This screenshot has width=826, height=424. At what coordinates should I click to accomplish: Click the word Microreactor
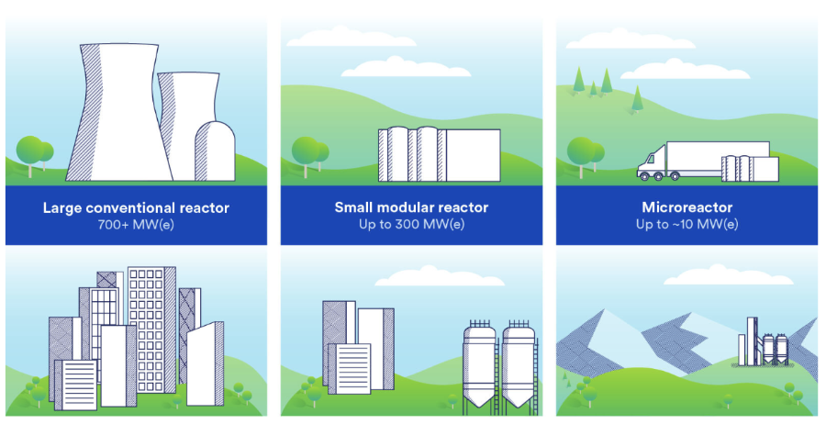[686, 207]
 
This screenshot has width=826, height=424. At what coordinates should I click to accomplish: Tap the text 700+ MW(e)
[136, 224]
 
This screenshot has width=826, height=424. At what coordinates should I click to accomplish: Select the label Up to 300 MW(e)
[411, 224]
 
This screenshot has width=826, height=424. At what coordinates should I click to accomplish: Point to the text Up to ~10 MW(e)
[686, 224]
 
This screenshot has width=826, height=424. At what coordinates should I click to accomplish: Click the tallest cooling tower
[119, 112]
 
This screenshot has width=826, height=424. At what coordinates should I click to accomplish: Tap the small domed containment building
[215, 151]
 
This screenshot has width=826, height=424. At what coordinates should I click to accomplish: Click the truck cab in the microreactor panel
[652, 162]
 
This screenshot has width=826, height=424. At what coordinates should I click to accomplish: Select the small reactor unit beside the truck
[750, 169]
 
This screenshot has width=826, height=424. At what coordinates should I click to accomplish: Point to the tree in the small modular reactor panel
[310, 155]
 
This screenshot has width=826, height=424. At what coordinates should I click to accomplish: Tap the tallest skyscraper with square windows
[151, 329]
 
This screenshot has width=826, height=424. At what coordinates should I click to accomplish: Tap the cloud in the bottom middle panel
[440, 276]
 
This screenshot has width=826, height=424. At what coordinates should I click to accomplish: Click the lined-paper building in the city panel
[76, 385]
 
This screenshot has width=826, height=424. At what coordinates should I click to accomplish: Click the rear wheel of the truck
[675, 176]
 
